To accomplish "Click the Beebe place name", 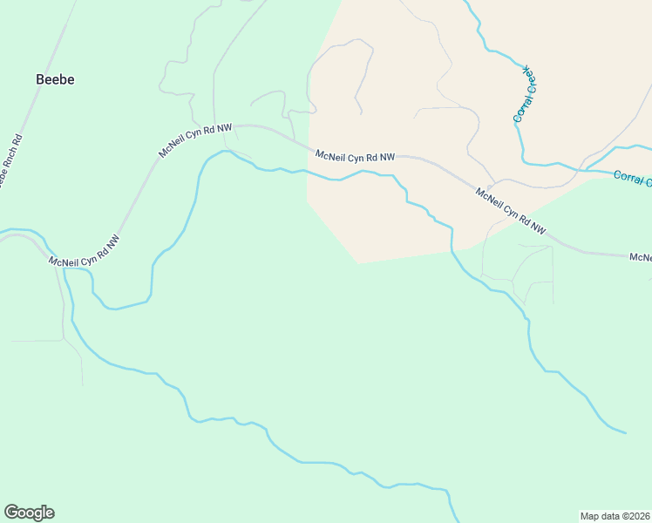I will [x=55, y=79].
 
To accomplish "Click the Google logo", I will [x=29, y=513].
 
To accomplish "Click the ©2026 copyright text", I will [x=635, y=515].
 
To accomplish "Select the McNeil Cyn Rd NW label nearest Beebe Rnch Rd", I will [x=85, y=251].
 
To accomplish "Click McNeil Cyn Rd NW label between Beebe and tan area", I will [x=195, y=140].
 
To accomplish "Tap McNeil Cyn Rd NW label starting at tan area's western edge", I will [x=355, y=156].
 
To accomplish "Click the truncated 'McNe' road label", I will [x=641, y=257].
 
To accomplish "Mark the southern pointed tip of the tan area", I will [x=358, y=262].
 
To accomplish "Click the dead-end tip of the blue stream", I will [x=625, y=432].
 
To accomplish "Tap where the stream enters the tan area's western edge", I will [x=307, y=173].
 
